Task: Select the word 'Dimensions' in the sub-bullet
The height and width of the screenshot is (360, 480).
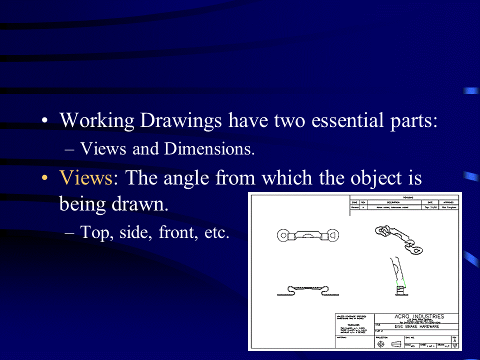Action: (x=214, y=148)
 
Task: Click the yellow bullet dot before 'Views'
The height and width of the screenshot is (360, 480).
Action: (x=45, y=178)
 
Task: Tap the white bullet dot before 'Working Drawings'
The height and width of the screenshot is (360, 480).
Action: (x=45, y=121)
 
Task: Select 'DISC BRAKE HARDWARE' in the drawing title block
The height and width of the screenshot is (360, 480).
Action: (x=416, y=327)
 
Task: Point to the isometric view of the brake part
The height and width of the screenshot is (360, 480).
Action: (x=398, y=239)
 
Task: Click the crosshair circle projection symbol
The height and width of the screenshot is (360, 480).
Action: (x=382, y=344)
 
